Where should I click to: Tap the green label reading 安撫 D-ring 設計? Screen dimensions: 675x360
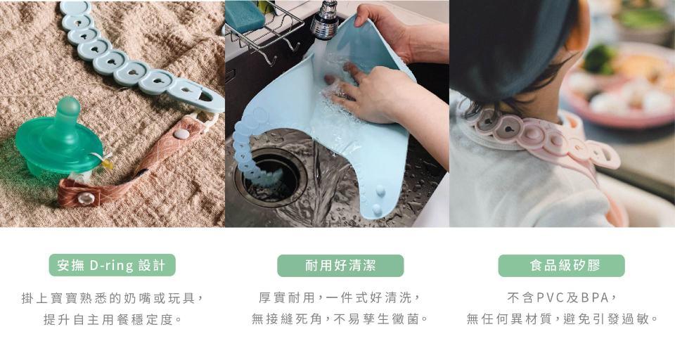point(112,265)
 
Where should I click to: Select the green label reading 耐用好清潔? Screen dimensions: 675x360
point(340,265)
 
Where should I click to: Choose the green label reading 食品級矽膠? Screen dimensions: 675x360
point(561,265)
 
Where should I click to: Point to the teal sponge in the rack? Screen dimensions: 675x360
point(245,15)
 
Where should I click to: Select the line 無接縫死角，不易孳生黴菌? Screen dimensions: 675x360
point(340,319)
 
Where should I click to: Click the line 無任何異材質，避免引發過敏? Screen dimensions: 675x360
point(562,319)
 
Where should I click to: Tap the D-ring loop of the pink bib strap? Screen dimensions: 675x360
point(607,157)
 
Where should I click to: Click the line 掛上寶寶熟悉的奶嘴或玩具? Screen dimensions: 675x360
point(112,297)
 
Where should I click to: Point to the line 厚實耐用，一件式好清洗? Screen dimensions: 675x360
point(340,297)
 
